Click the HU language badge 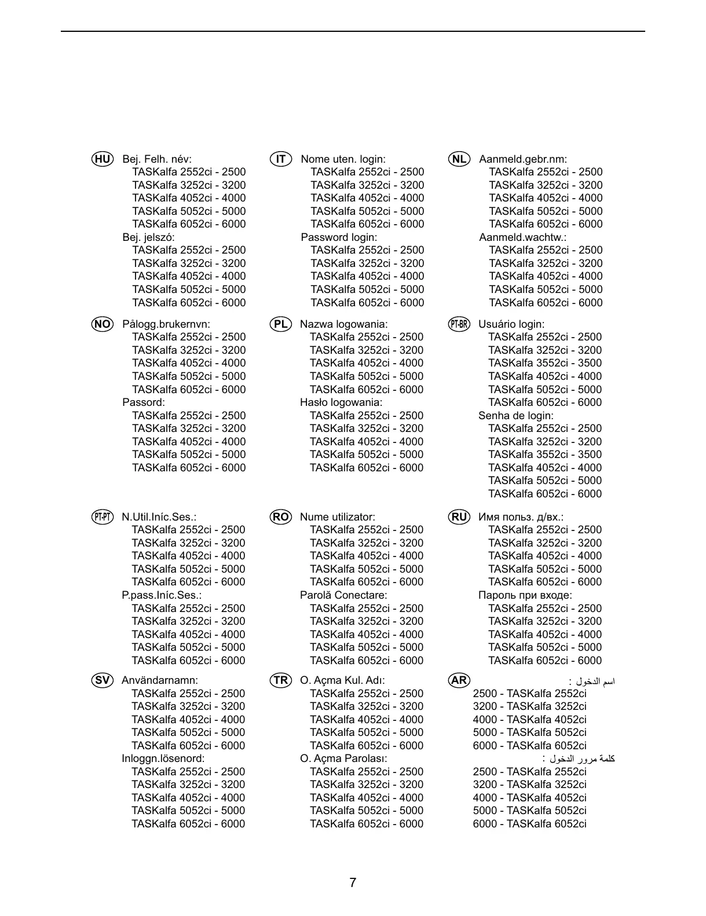[103, 159]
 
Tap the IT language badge [281, 159]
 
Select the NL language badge [459, 159]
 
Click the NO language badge [103, 324]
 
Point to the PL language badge [281, 324]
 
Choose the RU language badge [459, 517]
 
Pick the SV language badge [103, 680]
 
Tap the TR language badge [281, 680]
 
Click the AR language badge [459, 680]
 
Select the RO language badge [281, 517]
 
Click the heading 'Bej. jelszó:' [148, 237]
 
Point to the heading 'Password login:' [339, 237]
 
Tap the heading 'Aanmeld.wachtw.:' [522, 237]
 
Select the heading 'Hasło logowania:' [341, 402]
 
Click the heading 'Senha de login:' [515, 416]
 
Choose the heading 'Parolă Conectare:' [343, 595]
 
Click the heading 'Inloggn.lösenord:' [163, 759]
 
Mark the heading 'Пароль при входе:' [525, 595]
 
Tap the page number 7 [353, 883]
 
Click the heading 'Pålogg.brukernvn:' [166, 324]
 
